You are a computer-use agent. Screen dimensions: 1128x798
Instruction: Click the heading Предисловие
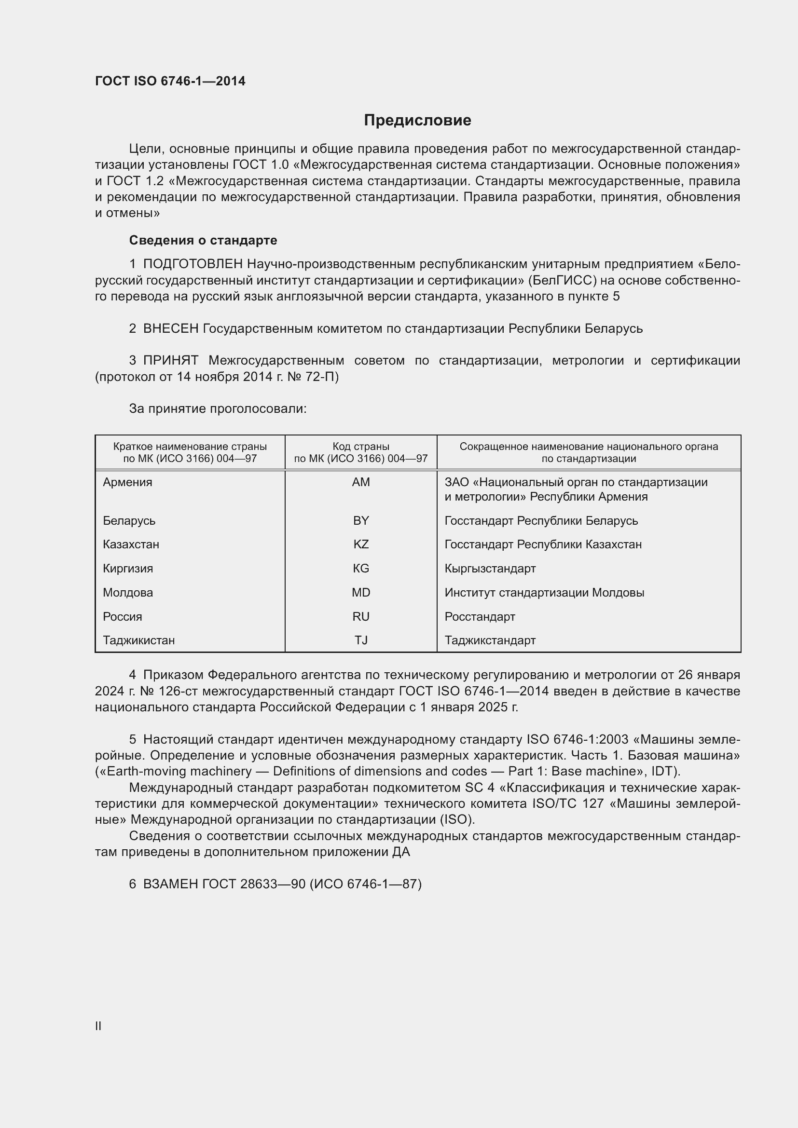pos(417,121)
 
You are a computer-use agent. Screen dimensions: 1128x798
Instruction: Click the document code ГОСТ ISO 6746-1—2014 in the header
pos(170,81)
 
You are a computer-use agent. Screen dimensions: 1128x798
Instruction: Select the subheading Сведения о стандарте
pos(203,240)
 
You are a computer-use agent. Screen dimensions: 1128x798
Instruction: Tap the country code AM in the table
pos(361,482)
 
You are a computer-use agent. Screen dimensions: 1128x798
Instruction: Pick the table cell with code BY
pos(361,520)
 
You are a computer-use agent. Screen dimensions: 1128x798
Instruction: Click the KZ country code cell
pos(361,544)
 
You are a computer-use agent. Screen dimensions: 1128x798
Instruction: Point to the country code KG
pos(361,569)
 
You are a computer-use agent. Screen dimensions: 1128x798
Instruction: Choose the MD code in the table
pos(361,593)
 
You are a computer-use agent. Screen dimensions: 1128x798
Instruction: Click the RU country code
pos(361,617)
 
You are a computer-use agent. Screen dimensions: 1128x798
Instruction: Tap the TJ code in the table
pos(361,640)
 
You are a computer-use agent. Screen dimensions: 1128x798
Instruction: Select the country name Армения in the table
pos(127,482)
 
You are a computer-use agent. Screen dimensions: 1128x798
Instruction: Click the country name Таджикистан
pos(138,640)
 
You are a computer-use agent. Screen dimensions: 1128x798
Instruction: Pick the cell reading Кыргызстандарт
pos(490,569)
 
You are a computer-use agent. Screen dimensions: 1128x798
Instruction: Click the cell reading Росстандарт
pos(480,617)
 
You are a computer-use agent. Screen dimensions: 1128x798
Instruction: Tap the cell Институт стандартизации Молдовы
pos(544,593)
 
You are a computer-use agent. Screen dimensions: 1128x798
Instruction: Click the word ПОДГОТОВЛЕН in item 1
pos(193,264)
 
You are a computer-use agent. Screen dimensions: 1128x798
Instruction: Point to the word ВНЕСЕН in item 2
pos(170,328)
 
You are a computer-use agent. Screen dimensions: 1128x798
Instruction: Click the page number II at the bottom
pos(98,1026)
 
